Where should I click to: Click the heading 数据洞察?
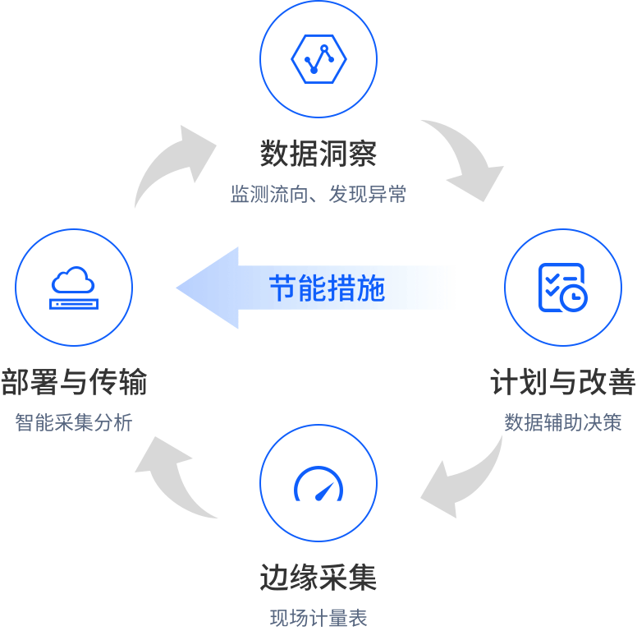[x=318, y=153]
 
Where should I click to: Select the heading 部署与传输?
[x=74, y=383]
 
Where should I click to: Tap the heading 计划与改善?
[x=562, y=383]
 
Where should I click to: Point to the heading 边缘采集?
[x=318, y=578]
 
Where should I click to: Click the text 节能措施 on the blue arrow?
[x=328, y=288]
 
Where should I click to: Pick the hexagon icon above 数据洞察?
[x=318, y=58]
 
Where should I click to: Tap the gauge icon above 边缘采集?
[x=318, y=485]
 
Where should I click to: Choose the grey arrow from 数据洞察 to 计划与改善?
[x=464, y=160]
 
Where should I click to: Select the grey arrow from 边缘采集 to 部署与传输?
[x=174, y=477]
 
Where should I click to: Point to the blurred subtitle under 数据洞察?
[x=318, y=194]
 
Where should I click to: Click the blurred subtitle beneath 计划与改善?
[x=562, y=422]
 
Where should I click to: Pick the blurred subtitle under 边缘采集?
[x=318, y=617]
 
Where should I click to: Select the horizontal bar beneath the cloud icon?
[x=73, y=304]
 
